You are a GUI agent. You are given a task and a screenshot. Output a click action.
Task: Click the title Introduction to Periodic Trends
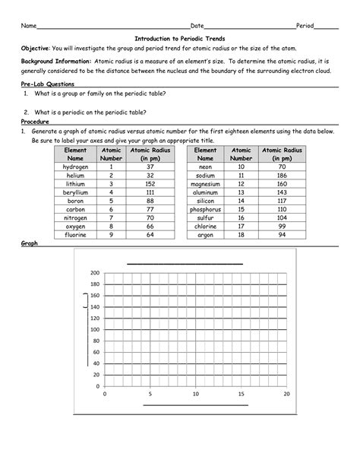(180, 37)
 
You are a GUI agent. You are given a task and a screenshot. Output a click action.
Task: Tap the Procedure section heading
(35, 122)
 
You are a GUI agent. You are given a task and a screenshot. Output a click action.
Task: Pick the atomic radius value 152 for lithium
(150, 184)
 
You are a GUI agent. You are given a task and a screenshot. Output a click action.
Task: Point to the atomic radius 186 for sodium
(281, 175)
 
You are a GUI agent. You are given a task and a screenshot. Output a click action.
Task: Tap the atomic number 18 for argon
(242, 235)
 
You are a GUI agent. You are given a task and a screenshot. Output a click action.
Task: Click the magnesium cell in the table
(205, 184)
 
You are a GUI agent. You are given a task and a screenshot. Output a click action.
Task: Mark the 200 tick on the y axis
(95, 273)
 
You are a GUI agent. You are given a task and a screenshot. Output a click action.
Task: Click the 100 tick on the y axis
(95, 329)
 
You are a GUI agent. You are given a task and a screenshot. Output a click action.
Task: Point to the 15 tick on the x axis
(241, 395)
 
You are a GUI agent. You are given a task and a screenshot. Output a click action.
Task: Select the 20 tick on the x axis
(286, 395)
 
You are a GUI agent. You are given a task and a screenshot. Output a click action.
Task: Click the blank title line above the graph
(184, 262)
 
